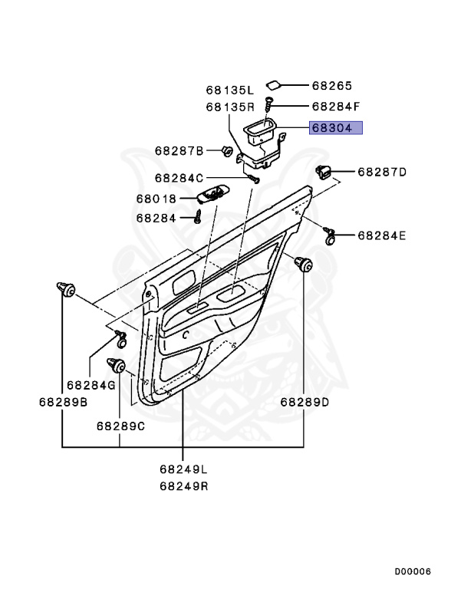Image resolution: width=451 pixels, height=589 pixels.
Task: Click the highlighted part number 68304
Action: coord(332,128)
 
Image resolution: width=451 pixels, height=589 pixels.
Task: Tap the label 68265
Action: coord(332,86)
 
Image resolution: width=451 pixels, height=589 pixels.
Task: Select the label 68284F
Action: coord(336,107)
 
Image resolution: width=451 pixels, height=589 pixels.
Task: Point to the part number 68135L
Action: coord(229,90)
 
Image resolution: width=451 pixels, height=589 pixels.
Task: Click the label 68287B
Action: coord(179,151)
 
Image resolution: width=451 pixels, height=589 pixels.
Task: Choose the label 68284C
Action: coord(179,178)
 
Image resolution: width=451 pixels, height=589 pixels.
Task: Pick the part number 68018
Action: coord(156,199)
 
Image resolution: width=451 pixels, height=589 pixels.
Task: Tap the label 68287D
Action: coord(382,172)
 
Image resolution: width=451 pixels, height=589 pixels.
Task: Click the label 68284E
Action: coord(382,236)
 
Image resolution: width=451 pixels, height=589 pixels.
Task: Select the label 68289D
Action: coord(305,403)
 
